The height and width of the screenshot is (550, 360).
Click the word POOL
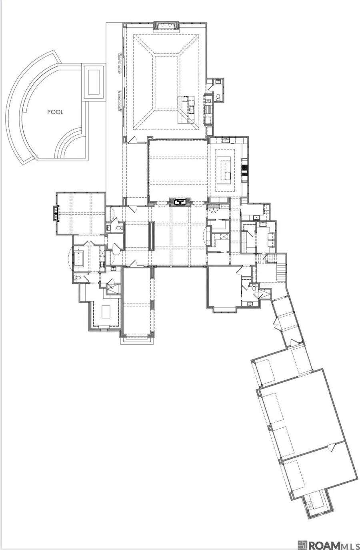click(55, 112)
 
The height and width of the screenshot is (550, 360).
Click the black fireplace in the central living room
click(181, 201)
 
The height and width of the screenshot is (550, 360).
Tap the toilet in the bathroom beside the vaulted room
click(218, 97)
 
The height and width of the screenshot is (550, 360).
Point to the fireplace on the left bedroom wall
click(56, 213)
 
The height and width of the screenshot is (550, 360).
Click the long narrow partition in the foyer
click(152, 236)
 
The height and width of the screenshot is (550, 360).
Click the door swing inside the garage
click(330, 448)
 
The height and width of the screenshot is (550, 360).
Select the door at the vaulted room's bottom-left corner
click(133, 140)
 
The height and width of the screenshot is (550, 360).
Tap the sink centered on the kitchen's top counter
click(226, 141)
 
